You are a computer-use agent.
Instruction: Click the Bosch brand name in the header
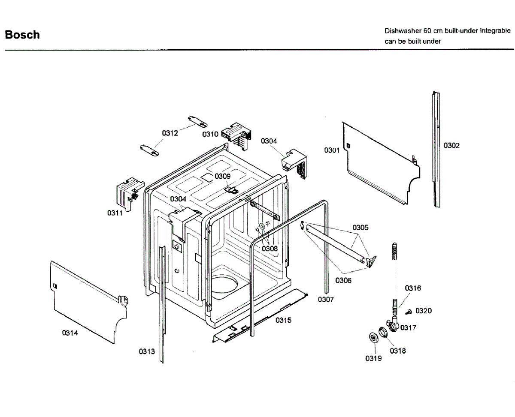(22, 35)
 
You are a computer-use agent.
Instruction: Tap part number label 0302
(451, 145)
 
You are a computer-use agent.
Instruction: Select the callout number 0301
(332, 150)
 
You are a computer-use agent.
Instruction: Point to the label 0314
(70, 333)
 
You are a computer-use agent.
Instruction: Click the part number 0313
(147, 351)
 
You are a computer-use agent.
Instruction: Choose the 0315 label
(283, 320)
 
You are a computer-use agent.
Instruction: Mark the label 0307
(326, 300)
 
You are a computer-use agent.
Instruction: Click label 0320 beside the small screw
(423, 311)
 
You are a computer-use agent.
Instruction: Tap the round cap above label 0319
(373, 337)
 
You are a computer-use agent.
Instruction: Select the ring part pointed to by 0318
(383, 332)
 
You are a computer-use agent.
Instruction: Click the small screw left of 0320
(409, 312)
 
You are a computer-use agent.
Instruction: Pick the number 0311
(115, 213)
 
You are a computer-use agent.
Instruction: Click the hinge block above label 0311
(130, 194)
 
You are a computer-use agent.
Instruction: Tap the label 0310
(210, 134)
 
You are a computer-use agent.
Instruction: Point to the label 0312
(170, 133)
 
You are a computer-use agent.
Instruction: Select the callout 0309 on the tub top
(222, 176)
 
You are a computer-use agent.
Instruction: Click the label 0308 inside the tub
(270, 248)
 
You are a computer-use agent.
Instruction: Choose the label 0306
(343, 280)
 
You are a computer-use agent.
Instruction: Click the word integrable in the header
(495, 31)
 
